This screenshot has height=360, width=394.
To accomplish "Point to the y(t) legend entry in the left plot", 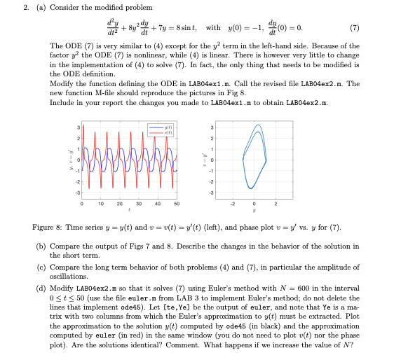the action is click(x=165, y=127).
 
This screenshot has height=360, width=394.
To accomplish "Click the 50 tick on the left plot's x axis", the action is click(x=176, y=203).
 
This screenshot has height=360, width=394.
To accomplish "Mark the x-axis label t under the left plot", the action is click(x=129, y=209).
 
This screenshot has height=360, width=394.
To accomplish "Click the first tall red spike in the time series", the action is click(x=83, y=140).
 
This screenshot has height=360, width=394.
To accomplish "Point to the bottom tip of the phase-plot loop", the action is click(x=250, y=188).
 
